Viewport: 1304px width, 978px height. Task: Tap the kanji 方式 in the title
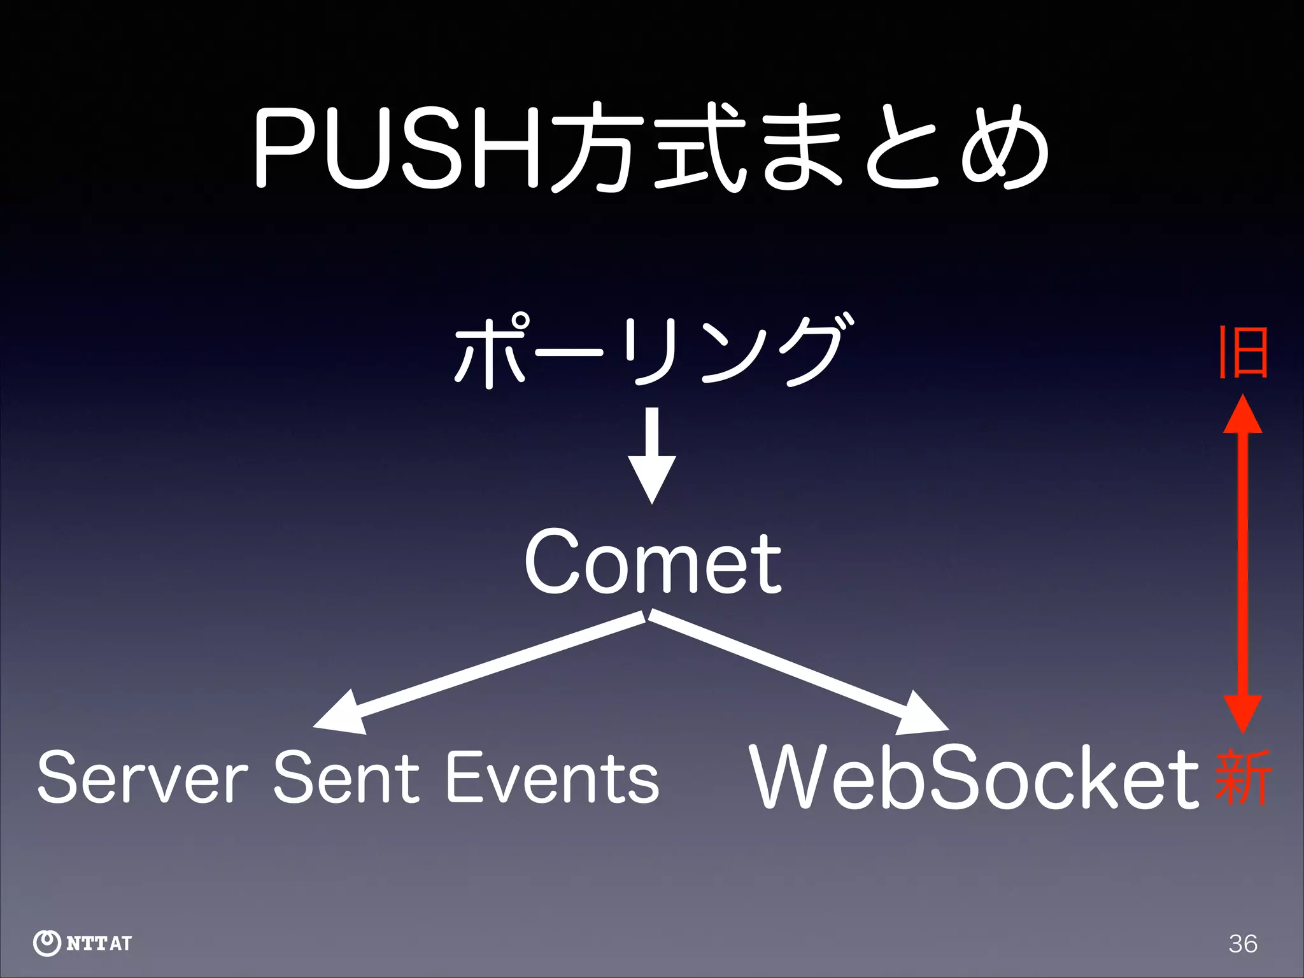coord(643,150)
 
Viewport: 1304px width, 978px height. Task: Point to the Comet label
coord(653,563)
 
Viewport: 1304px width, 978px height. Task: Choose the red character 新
coord(1242,777)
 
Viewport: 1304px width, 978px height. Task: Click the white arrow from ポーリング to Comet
coord(652,455)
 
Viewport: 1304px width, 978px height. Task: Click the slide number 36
coord(1242,943)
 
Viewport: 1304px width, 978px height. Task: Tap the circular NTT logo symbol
coord(46,943)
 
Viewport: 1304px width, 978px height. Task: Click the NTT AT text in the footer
coord(99,943)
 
